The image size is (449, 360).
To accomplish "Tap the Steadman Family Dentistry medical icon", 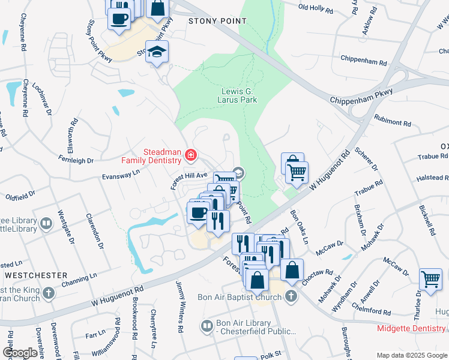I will [x=191, y=156].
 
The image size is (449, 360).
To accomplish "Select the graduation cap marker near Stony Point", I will [x=157, y=52].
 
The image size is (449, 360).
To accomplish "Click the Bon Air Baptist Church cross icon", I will [x=291, y=296].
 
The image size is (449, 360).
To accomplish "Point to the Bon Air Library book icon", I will [x=207, y=326].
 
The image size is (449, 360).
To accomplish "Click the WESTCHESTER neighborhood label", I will [x=36, y=275].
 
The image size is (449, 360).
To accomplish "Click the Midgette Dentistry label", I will [x=411, y=328].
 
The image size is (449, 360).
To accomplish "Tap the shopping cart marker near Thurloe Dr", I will [x=430, y=279].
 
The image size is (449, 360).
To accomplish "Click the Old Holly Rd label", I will [x=315, y=7].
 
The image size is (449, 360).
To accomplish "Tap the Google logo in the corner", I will [x=20, y=353].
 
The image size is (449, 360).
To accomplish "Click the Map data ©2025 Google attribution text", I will [x=412, y=355].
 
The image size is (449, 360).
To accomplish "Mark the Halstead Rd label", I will [x=432, y=178].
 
